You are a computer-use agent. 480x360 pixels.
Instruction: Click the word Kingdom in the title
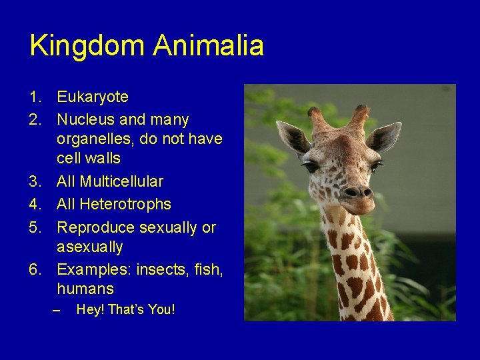(88, 46)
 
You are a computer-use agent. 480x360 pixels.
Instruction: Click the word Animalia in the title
(208, 46)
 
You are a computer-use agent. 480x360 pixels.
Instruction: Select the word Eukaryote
(93, 97)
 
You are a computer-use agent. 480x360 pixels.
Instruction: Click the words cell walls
(89, 159)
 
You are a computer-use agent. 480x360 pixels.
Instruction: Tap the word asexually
(90, 247)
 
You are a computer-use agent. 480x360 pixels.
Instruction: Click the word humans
(85, 289)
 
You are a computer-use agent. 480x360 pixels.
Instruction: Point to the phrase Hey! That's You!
(126, 309)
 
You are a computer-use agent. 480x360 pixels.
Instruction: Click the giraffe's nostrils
(357, 192)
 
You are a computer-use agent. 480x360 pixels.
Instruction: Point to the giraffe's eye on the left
(311, 166)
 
